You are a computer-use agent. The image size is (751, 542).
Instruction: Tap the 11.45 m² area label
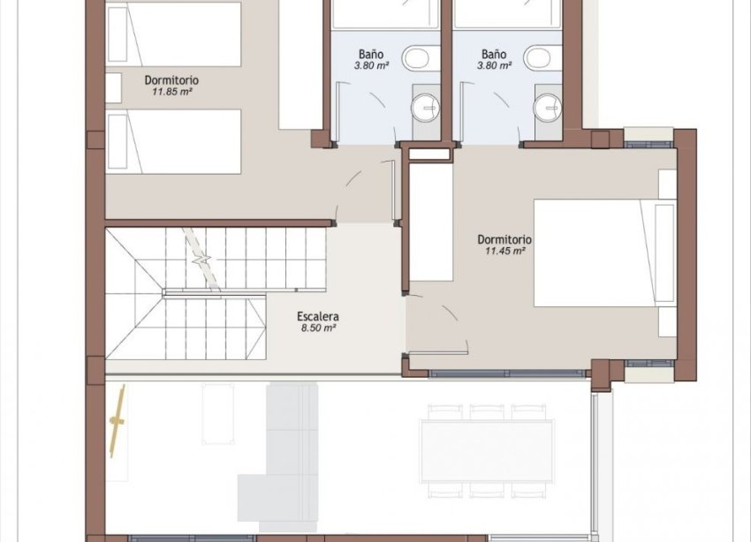[x=505, y=251]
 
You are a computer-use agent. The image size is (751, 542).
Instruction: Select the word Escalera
[x=319, y=316]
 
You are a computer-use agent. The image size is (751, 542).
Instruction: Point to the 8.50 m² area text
[x=319, y=327]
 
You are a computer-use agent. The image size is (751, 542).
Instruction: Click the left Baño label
[x=372, y=52]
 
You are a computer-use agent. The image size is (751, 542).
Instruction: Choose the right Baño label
[x=493, y=52]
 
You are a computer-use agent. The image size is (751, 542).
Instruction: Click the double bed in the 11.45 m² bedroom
[x=603, y=254]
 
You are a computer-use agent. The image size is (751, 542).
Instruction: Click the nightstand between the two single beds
[x=113, y=88]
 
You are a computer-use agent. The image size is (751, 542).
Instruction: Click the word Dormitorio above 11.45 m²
[x=504, y=239]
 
